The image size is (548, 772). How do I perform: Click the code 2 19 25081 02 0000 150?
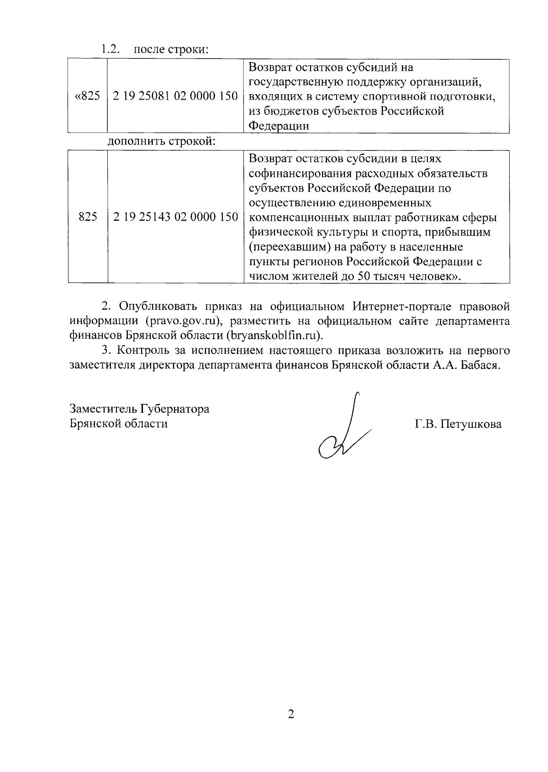point(175,96)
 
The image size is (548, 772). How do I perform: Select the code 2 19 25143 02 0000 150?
point(175,217)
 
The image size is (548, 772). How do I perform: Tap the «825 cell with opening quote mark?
point(87,96)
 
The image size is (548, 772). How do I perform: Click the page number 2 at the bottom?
point(291,714)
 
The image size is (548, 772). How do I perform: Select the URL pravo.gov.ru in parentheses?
point(180,321)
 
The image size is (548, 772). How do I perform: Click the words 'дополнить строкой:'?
point(161,141)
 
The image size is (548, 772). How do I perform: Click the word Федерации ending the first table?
point(279,126)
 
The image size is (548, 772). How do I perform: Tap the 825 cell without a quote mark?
point(88,217)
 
